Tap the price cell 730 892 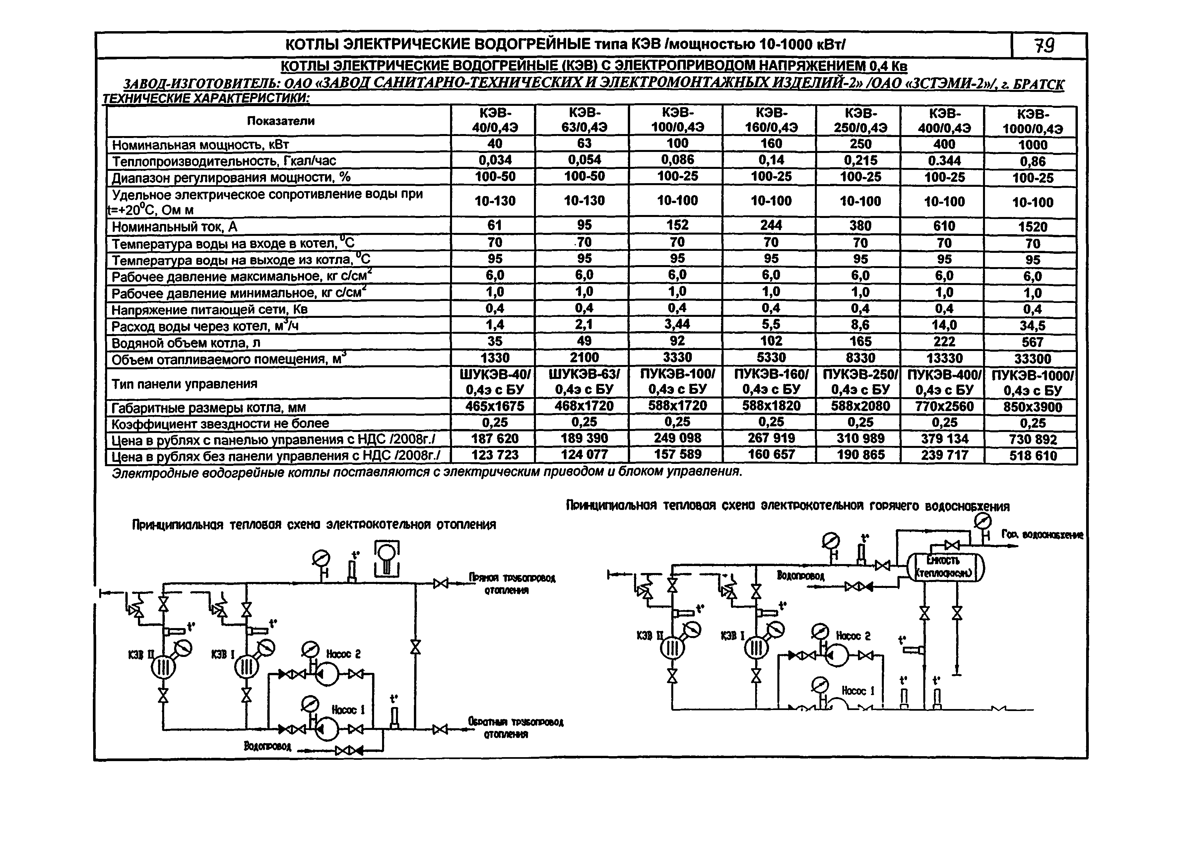(1032, 440)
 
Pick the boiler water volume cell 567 (1032, 342)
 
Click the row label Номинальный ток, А (174, 227)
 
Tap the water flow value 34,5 (1032, 326)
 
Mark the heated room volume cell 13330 (944, 358)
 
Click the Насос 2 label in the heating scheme (343, 654)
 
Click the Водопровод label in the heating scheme (268, 746)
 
